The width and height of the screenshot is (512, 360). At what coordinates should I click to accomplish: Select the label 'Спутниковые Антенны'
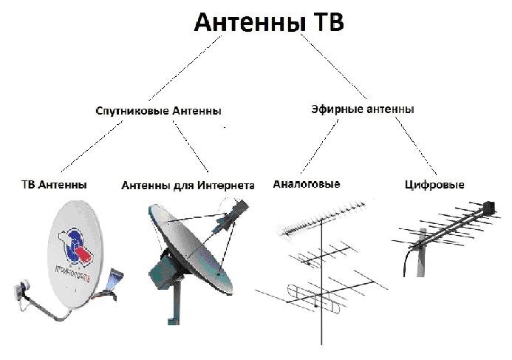coord(159,111)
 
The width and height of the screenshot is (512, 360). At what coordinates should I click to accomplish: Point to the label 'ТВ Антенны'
coord(53,184)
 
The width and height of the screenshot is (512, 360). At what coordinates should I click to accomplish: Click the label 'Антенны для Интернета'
coord(188,186)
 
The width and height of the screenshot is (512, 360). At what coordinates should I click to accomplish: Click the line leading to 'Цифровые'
coord(414,145)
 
